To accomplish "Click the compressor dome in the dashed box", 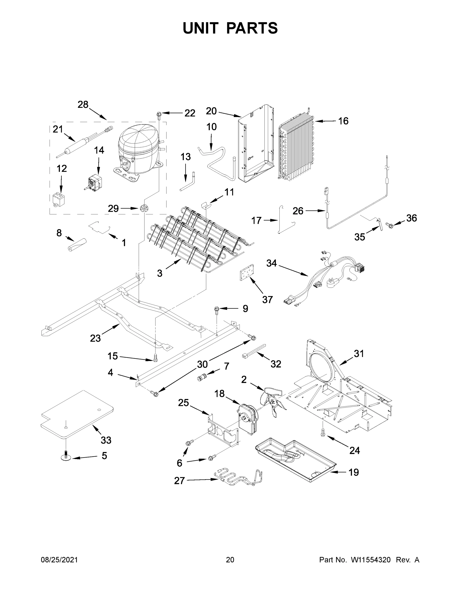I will pos(138,144).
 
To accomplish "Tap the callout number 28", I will pos(83,105).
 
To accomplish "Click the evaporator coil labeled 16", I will pos(296,149).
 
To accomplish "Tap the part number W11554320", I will pos(371,560).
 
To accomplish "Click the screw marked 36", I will pos(389,225).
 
